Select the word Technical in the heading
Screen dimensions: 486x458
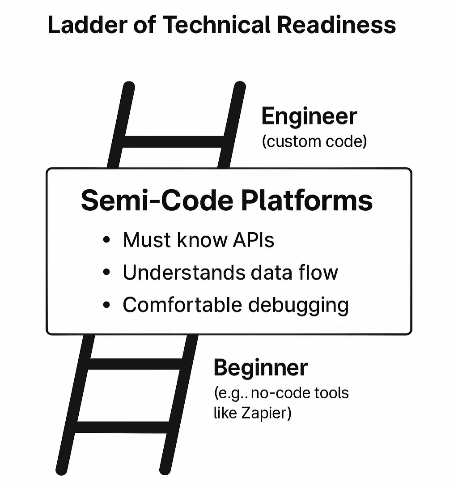point(218,25)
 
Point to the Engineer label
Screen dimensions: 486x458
point(309,117)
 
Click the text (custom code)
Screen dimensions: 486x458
point(314,141)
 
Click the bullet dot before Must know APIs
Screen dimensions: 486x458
point(106,240)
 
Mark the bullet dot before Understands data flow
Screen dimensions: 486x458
point(106,273)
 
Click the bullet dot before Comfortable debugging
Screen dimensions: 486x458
point(106,306)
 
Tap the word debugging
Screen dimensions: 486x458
point(298,306)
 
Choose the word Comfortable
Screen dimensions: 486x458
point(182,305)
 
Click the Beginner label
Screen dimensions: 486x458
point(260,368)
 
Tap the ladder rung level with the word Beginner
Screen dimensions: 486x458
point(136,363)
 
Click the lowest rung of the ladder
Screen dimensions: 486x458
point(122,427)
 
